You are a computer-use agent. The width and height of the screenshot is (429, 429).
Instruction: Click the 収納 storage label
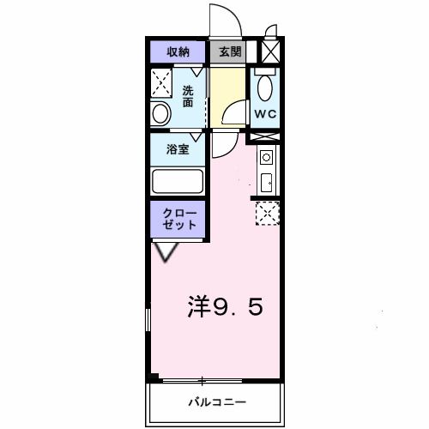click(178, 52)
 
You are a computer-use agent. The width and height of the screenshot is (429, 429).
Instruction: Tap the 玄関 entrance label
click(229, 52)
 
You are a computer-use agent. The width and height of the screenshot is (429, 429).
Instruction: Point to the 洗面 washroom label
click(188, 96)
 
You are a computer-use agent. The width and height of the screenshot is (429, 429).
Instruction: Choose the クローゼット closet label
click(179, 218)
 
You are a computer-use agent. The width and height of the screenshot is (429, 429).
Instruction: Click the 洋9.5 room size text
click(225, 306)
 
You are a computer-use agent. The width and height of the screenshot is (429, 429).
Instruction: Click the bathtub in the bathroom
click(177, 182)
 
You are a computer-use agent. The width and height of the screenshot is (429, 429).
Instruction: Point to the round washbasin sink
click(160, 112)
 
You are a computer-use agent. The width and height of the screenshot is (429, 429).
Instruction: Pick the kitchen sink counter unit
click(265, 170)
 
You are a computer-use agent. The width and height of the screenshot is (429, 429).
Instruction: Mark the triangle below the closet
click(166, 251)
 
